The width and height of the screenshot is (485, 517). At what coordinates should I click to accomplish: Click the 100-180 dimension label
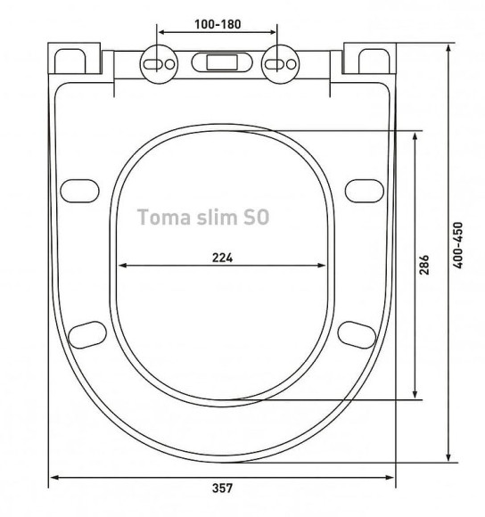pos(218,24)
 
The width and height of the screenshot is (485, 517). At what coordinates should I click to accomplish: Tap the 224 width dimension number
pos(222,258)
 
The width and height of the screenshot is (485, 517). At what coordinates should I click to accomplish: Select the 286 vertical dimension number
pos(424,265)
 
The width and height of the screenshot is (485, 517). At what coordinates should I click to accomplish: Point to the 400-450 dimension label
pos(457,245)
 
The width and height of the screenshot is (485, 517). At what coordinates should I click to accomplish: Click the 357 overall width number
pos(222,488)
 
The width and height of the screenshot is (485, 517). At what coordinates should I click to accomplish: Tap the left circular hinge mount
pos(159,64)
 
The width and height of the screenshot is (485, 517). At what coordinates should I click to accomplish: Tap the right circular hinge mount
pos(280,64)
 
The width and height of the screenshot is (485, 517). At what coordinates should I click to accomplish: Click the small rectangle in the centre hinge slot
pos(222,62)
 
